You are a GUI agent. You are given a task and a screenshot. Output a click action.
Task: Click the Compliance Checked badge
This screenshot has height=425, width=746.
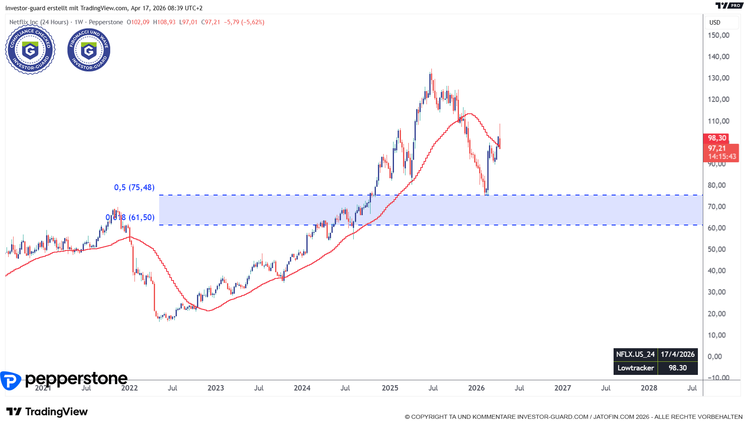point(30,50)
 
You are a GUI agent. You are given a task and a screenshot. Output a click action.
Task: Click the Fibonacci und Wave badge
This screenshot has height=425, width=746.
point(89,50)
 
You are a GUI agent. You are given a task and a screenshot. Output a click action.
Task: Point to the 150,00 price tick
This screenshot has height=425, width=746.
point(718,35)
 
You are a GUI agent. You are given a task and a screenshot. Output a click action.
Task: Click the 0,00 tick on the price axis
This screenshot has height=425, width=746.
point(715,356)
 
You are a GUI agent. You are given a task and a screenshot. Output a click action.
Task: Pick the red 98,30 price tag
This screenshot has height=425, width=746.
point(716,138)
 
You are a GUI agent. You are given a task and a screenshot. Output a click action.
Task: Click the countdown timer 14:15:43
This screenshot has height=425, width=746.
point(722,156)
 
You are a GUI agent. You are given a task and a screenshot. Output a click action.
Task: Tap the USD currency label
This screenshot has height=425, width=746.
point(715,23)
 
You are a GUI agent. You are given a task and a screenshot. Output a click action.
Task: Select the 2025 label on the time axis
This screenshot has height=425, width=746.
point(390,388)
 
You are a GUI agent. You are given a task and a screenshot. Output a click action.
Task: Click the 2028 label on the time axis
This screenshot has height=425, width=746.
point(649,388)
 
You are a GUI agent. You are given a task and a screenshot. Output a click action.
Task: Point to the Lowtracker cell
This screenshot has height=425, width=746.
point(635,368)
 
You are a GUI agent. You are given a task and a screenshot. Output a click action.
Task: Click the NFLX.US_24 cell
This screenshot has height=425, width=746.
point(635,354)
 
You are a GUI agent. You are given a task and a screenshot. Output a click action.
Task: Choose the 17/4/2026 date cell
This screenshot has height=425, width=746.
point(677,354)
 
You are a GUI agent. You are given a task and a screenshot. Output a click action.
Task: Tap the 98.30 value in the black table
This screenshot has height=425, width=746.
point(677,368)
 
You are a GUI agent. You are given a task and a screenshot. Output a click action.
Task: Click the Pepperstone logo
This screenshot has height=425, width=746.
point(64,379)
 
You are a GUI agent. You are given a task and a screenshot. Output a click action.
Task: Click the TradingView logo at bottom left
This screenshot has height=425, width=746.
point(47,412)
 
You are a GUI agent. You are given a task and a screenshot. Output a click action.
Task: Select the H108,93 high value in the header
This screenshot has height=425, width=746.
point(164,22)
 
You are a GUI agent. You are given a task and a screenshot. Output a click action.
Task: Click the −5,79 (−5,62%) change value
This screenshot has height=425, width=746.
point(244,22)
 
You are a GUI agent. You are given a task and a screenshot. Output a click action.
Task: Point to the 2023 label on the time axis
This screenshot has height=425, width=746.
point(215,388)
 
